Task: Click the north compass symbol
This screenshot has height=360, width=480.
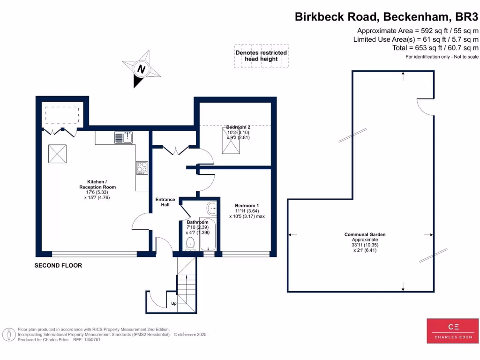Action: tap(141, 69)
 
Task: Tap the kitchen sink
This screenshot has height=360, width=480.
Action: tap(124, 137)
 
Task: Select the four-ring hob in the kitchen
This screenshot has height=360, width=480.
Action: tap(142, 168)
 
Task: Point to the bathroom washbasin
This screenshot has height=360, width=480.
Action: tap(211, 206)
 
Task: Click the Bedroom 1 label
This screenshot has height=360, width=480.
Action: tap(247, 206)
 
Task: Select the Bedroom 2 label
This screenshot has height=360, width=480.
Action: tap(238, 127)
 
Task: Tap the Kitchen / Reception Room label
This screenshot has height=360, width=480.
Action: tap(101, 184)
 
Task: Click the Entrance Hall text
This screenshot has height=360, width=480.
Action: tap(165, 202)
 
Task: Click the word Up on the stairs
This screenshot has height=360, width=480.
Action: tap(173, 304)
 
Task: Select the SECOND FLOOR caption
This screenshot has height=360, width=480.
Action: tap(58, 266)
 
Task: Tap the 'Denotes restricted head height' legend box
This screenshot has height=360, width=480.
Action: tap(261, 56)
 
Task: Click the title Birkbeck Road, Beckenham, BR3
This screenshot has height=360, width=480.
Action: tap(386, 17)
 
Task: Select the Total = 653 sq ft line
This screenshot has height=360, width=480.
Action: tap(435, 48)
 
